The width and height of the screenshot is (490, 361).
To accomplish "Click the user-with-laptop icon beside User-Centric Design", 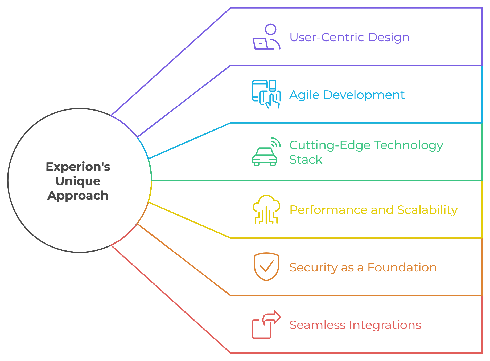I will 266,37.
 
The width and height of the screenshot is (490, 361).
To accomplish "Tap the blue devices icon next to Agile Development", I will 266,94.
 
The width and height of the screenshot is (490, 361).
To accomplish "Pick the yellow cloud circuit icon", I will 266,209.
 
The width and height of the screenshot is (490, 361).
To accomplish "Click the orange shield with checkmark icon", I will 266,267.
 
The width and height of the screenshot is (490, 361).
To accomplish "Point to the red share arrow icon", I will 266,325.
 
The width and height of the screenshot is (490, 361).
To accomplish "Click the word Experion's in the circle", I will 78,167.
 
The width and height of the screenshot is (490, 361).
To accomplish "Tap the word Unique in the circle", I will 78,181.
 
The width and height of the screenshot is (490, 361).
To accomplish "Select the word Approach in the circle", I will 78,196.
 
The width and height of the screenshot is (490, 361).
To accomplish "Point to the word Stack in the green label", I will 306,160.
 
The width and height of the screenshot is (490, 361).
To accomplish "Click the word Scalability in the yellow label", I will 427,210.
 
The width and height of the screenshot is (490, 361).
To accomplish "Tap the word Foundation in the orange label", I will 402,267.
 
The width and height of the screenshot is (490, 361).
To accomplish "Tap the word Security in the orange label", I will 313,268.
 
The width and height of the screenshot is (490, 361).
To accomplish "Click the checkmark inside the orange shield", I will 266,266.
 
